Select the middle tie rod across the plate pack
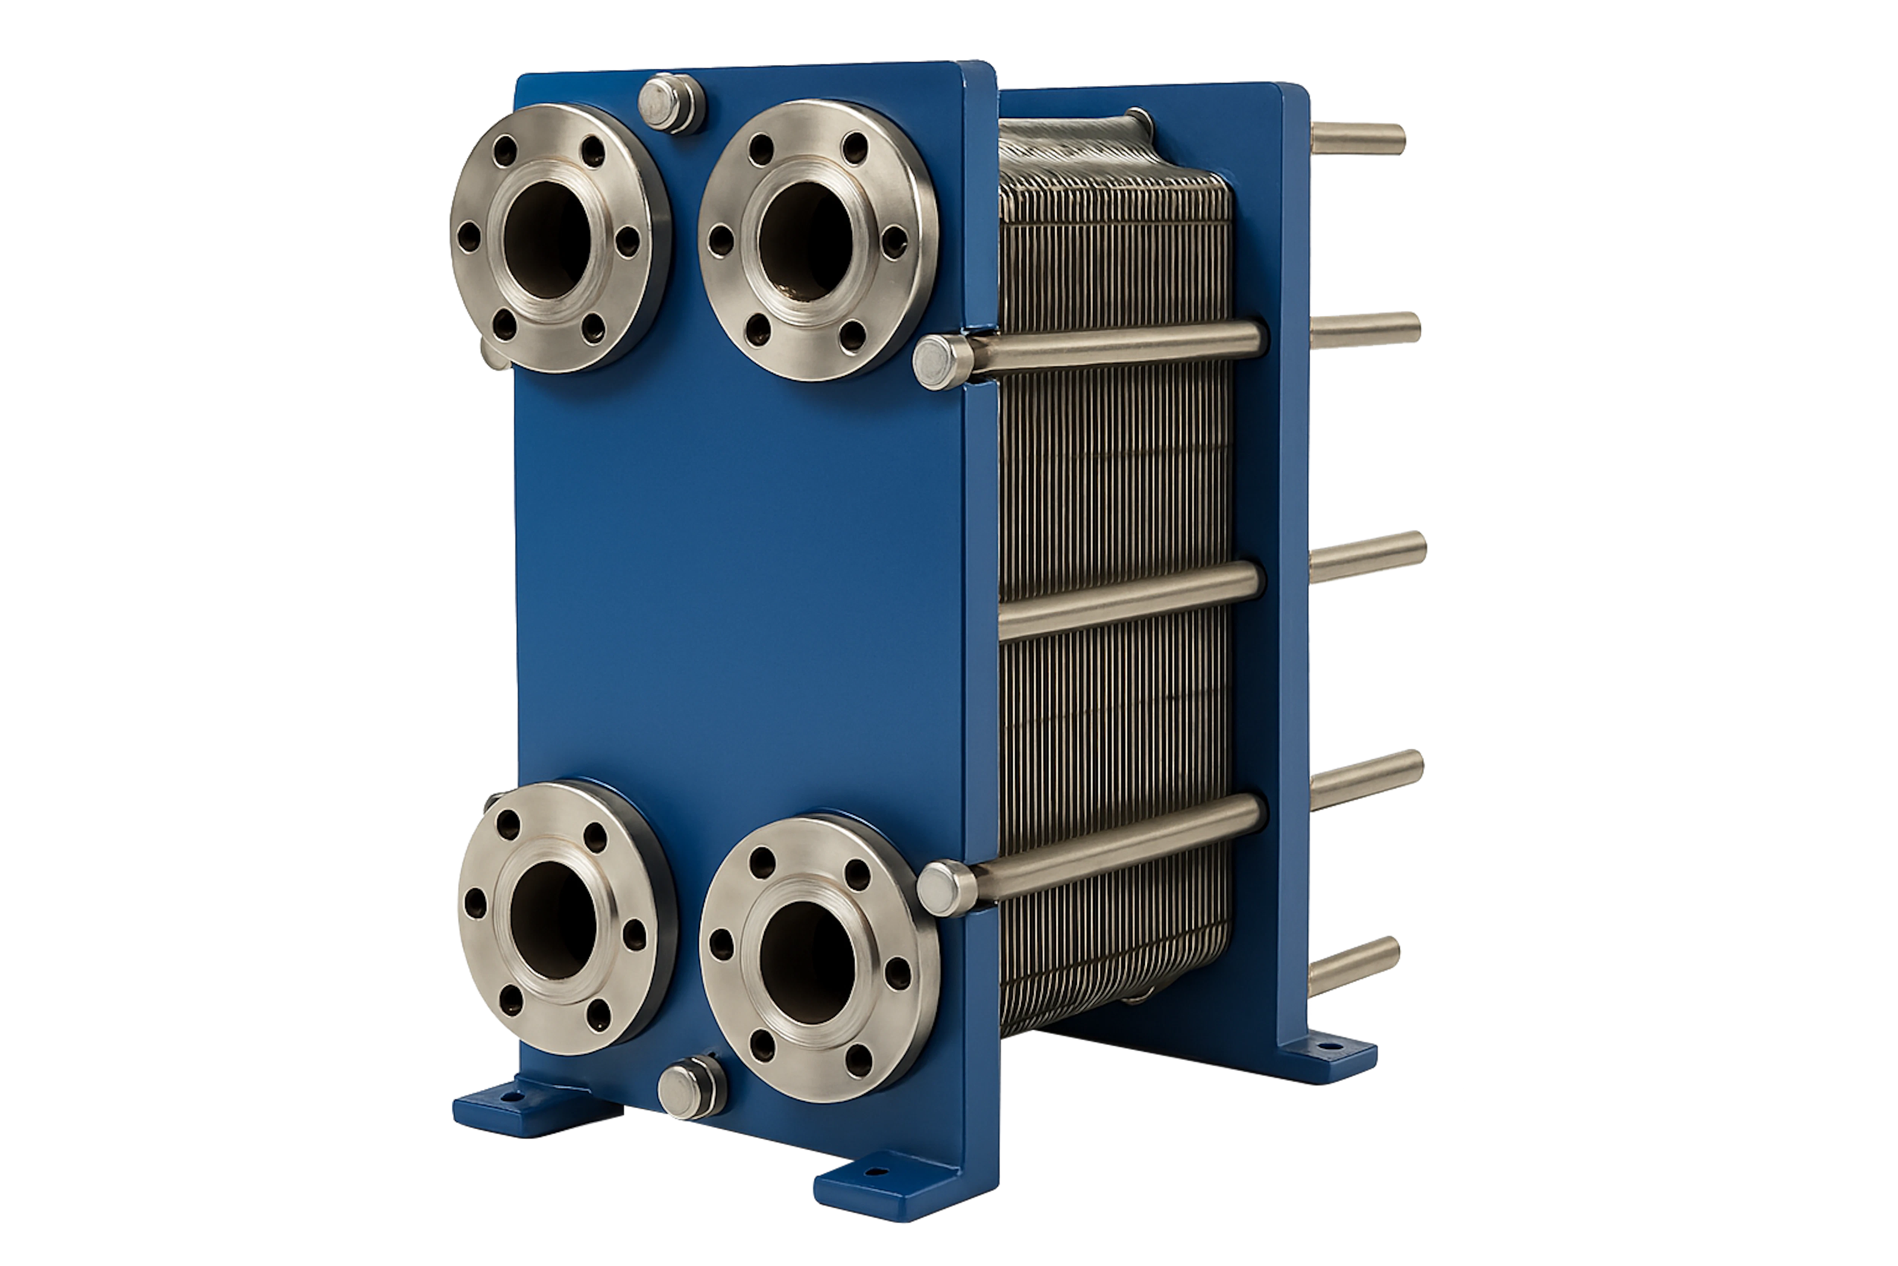(1130, 599)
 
